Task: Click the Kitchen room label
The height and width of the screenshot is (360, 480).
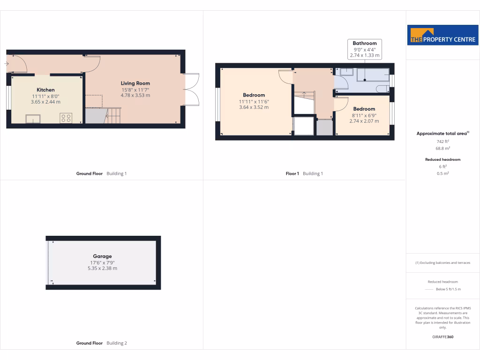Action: pyautogui.click(x=45, y=90)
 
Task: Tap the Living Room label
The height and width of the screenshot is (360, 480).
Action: pyautogui.click(x=135, y=83)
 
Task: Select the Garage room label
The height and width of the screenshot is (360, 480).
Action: pyautogui.click(x=102, y=256)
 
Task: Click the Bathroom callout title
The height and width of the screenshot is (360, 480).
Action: pyautogui.click(x=365, y=44)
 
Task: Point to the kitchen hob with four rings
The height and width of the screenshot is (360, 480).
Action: pyautogui.click(x=65, y=118)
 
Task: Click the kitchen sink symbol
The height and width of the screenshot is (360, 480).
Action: pyautogui.click(x=33, y=119)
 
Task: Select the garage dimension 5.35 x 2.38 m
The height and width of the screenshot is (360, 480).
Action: pyautogui.click(x=102, y=269)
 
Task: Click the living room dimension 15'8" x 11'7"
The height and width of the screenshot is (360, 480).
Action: pyautogui.click(x=135, y=90)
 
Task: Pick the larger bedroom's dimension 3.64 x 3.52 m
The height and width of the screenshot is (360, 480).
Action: pyautogui.click(x=254, y=107)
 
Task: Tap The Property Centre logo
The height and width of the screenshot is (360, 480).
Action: pyautogui.click(x=442, y=35)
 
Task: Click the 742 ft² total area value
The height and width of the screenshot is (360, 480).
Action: pyautogui.click(x=442, y=141)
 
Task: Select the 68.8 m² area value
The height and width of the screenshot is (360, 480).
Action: pyautogui.click(x=442, y=148)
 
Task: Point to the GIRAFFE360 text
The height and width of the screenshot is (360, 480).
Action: pyautogui.click(x=442, y=337)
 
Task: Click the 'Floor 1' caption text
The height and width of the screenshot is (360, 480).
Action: pyautogui.click(x=292, y=173)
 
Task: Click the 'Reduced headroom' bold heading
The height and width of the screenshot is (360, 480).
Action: pyautogui.click(x=442, y=159)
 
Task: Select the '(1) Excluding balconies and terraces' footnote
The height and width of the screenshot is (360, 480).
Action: pyautogui.click(x=442, y=262)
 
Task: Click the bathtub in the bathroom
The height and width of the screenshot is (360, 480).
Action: pyautogui.click(x=373, y=75)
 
